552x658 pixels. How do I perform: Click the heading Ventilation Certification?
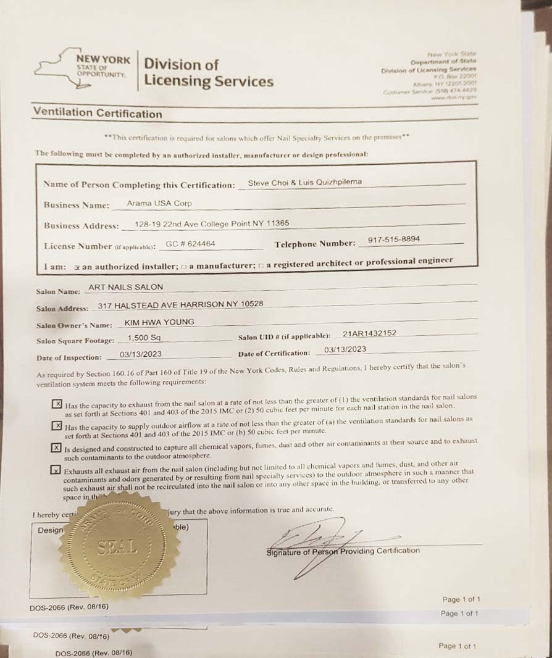pos(98,113)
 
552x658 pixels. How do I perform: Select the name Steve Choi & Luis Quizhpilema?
pos(304,182)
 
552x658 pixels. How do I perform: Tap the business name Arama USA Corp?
pos(159,203)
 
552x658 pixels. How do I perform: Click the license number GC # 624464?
pos(191,244)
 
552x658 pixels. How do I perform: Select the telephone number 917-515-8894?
pos(393,239)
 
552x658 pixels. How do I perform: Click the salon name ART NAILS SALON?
pos(126,287)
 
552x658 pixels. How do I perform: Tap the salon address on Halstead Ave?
pos(180,304)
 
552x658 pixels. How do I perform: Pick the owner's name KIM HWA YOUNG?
pos(151,322)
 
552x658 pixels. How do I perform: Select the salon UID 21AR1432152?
pos(369,333)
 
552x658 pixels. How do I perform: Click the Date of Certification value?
pos(345,349)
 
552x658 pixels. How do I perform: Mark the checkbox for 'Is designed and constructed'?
pos(57,448)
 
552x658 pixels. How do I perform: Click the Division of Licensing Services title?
pos(207,72)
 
